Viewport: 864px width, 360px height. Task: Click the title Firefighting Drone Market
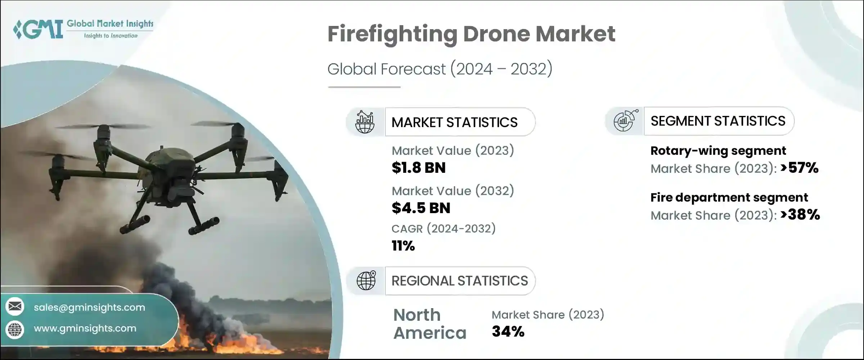coord(471,34)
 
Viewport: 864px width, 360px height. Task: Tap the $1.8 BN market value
coord(418,168)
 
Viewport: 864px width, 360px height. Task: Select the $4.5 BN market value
coord(420,208)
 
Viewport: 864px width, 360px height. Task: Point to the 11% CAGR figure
coord(403,246)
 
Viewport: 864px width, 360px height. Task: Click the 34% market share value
coord(508,332)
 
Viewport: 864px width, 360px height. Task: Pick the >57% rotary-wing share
coord(800,168)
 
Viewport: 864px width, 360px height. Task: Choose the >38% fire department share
coord(800,215)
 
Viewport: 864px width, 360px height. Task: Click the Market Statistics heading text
coord(454,122)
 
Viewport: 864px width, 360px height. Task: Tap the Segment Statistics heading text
coord(718,121)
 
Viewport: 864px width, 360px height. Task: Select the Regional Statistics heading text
coord(459,281)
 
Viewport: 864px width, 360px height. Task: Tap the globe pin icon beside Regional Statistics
coord(366,280)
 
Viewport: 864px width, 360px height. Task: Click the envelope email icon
coord(15,306)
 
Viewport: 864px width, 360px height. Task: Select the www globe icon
coord(15,329)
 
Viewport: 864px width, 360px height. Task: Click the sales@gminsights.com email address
coord(89,307)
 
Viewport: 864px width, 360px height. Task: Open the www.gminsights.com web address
coord(85,328)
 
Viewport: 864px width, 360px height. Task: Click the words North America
coord(429,324)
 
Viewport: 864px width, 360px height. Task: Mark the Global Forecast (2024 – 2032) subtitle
coord(440,69)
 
